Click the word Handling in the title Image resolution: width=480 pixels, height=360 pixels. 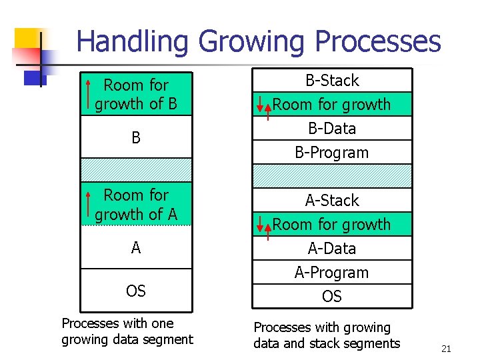(x=134, y=41)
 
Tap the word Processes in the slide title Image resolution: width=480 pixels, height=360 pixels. (x=377, y=41)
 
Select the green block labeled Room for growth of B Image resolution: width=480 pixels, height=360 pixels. (x=136, y=95)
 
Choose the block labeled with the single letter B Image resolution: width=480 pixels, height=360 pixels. (x=136, y=138)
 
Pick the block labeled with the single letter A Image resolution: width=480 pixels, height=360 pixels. (x=136, y=248)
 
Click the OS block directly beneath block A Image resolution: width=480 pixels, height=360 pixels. (x=136, y=291)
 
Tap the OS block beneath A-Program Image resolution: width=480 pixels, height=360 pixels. (x=331, y=296)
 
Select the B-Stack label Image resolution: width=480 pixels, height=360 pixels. (x=331, y=81)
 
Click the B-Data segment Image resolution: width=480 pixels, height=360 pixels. (x=331, y=128)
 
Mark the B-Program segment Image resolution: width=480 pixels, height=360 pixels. (x=331, y=152)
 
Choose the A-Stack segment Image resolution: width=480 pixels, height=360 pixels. (x=331, y=200)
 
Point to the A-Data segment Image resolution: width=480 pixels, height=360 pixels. (x=331, y=248)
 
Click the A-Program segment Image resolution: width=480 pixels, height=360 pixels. (x=331, y=272)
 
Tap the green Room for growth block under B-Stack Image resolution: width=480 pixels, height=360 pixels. (x=331, y=105)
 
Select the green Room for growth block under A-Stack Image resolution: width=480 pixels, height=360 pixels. (x=331, y=225)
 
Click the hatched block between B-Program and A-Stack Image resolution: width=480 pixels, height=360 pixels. (x=331, y=175)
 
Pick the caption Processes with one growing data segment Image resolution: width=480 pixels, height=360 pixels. (x=127, y=331)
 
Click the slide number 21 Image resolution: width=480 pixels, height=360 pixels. (x=446, y=349)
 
